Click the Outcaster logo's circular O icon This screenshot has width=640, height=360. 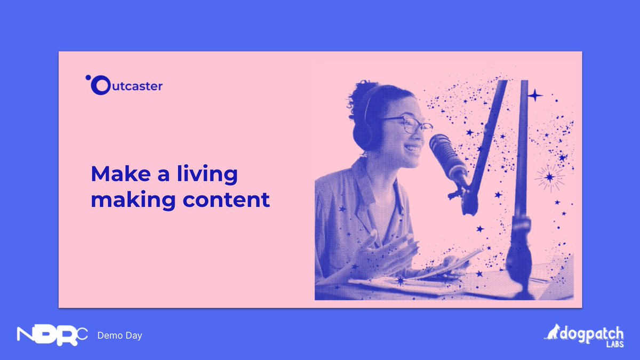coord(100,86)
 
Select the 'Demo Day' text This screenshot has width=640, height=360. coord(119,335)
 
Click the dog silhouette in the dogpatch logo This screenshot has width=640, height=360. coord(553,332)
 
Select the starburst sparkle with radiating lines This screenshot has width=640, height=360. coord(549,177)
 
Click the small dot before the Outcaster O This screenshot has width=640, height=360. coord(87,78)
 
